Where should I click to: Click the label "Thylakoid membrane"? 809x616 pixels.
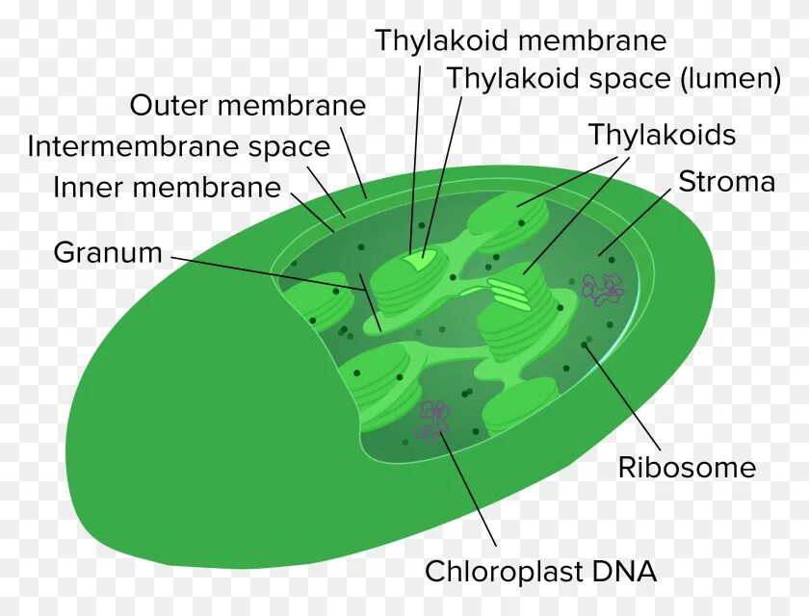click(520, 40)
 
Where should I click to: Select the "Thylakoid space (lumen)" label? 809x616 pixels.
click(613, 79)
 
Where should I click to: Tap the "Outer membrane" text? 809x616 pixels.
click(248, 105)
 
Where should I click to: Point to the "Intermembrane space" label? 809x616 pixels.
click(179, 147)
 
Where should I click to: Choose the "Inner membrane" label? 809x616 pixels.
click(167, 188)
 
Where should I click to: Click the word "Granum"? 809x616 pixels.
click(108, 253)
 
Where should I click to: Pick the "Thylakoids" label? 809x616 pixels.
click(662, 135)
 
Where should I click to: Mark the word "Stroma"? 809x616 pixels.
click(726, 182)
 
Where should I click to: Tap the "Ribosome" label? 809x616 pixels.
click(687, 468)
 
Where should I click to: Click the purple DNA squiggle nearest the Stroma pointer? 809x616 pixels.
click(602, 288)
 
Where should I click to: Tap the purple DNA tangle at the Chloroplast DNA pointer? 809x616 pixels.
click(433, 420)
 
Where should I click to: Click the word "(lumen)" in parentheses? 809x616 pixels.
click(731, 79)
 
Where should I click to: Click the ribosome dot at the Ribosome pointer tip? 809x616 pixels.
click(585, 344)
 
